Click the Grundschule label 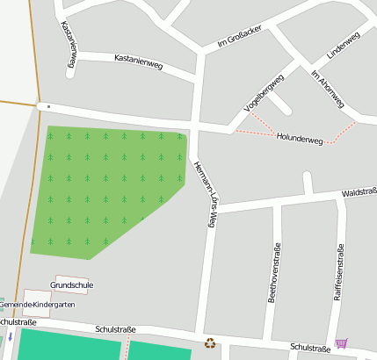click(x=72, y=285)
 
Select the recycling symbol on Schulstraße click(x=210, y=343)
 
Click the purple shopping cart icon click(x=341, y=343)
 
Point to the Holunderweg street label click(x=300, y=140)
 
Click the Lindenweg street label click(x=343, y=46)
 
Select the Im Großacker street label click(x=239, y=36)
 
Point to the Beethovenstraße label click(x=273, y=272)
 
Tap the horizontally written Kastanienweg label click(x=139, y=61)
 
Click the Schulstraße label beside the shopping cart click(x=310, y=348)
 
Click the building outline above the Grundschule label click(x=71, y=277)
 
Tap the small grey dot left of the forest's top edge click(x=48, y=107)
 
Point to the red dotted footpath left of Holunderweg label click(x=255, y=133)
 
